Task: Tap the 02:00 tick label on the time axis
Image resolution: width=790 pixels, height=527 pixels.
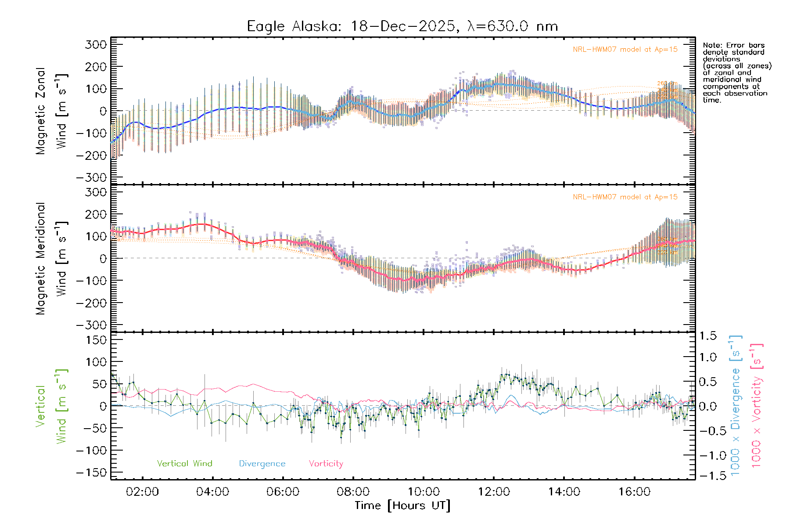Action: pyautogui.click(x=142, y=492)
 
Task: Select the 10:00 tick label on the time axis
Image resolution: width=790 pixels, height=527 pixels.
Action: pyautogui.click(x=424, y=492)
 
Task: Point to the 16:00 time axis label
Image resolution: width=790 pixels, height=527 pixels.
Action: pyautogui.click(x=634, y=492)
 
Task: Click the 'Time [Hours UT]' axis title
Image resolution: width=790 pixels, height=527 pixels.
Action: pyautogui.click(x=402, y=505)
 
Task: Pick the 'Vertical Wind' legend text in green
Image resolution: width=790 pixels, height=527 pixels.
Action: pyautogui.click(x=184, y=464)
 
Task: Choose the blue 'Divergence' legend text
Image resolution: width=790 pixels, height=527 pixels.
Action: pyautogui.click(x=262, y=464)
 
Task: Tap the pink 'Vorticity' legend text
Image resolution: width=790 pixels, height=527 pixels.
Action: pyautogui.click(x=326, y=464)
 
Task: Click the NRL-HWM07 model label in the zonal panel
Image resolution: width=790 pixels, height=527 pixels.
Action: pyautogui.click(x=625, y=50)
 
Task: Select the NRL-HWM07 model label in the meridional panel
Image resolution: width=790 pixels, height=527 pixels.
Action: pyautogui.click(x=625, y=197)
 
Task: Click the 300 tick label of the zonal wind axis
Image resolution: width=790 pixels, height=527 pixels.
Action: pyautogui.click(x=96, y=44)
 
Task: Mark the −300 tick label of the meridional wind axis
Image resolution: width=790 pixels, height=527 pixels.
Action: pyautogui.click(x=92, y=325)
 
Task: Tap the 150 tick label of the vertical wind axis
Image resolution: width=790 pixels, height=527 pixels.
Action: pyautogui.click(x=96, y=340)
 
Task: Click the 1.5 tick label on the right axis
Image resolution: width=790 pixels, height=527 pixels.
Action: pyautogui.click(x=708, y=336)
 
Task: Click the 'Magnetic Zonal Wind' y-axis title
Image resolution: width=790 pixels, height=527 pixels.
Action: pyautogui.click(x=51, y=111)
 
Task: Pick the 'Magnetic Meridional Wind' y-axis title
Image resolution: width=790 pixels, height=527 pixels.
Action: pyautogui.click(x=51, y=259)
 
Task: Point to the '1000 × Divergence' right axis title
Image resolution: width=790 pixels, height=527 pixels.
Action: pyautogui.click(x=736, y=406)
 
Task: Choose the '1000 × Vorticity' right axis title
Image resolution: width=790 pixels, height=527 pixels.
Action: pyautogui.click(x=757, y=406)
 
